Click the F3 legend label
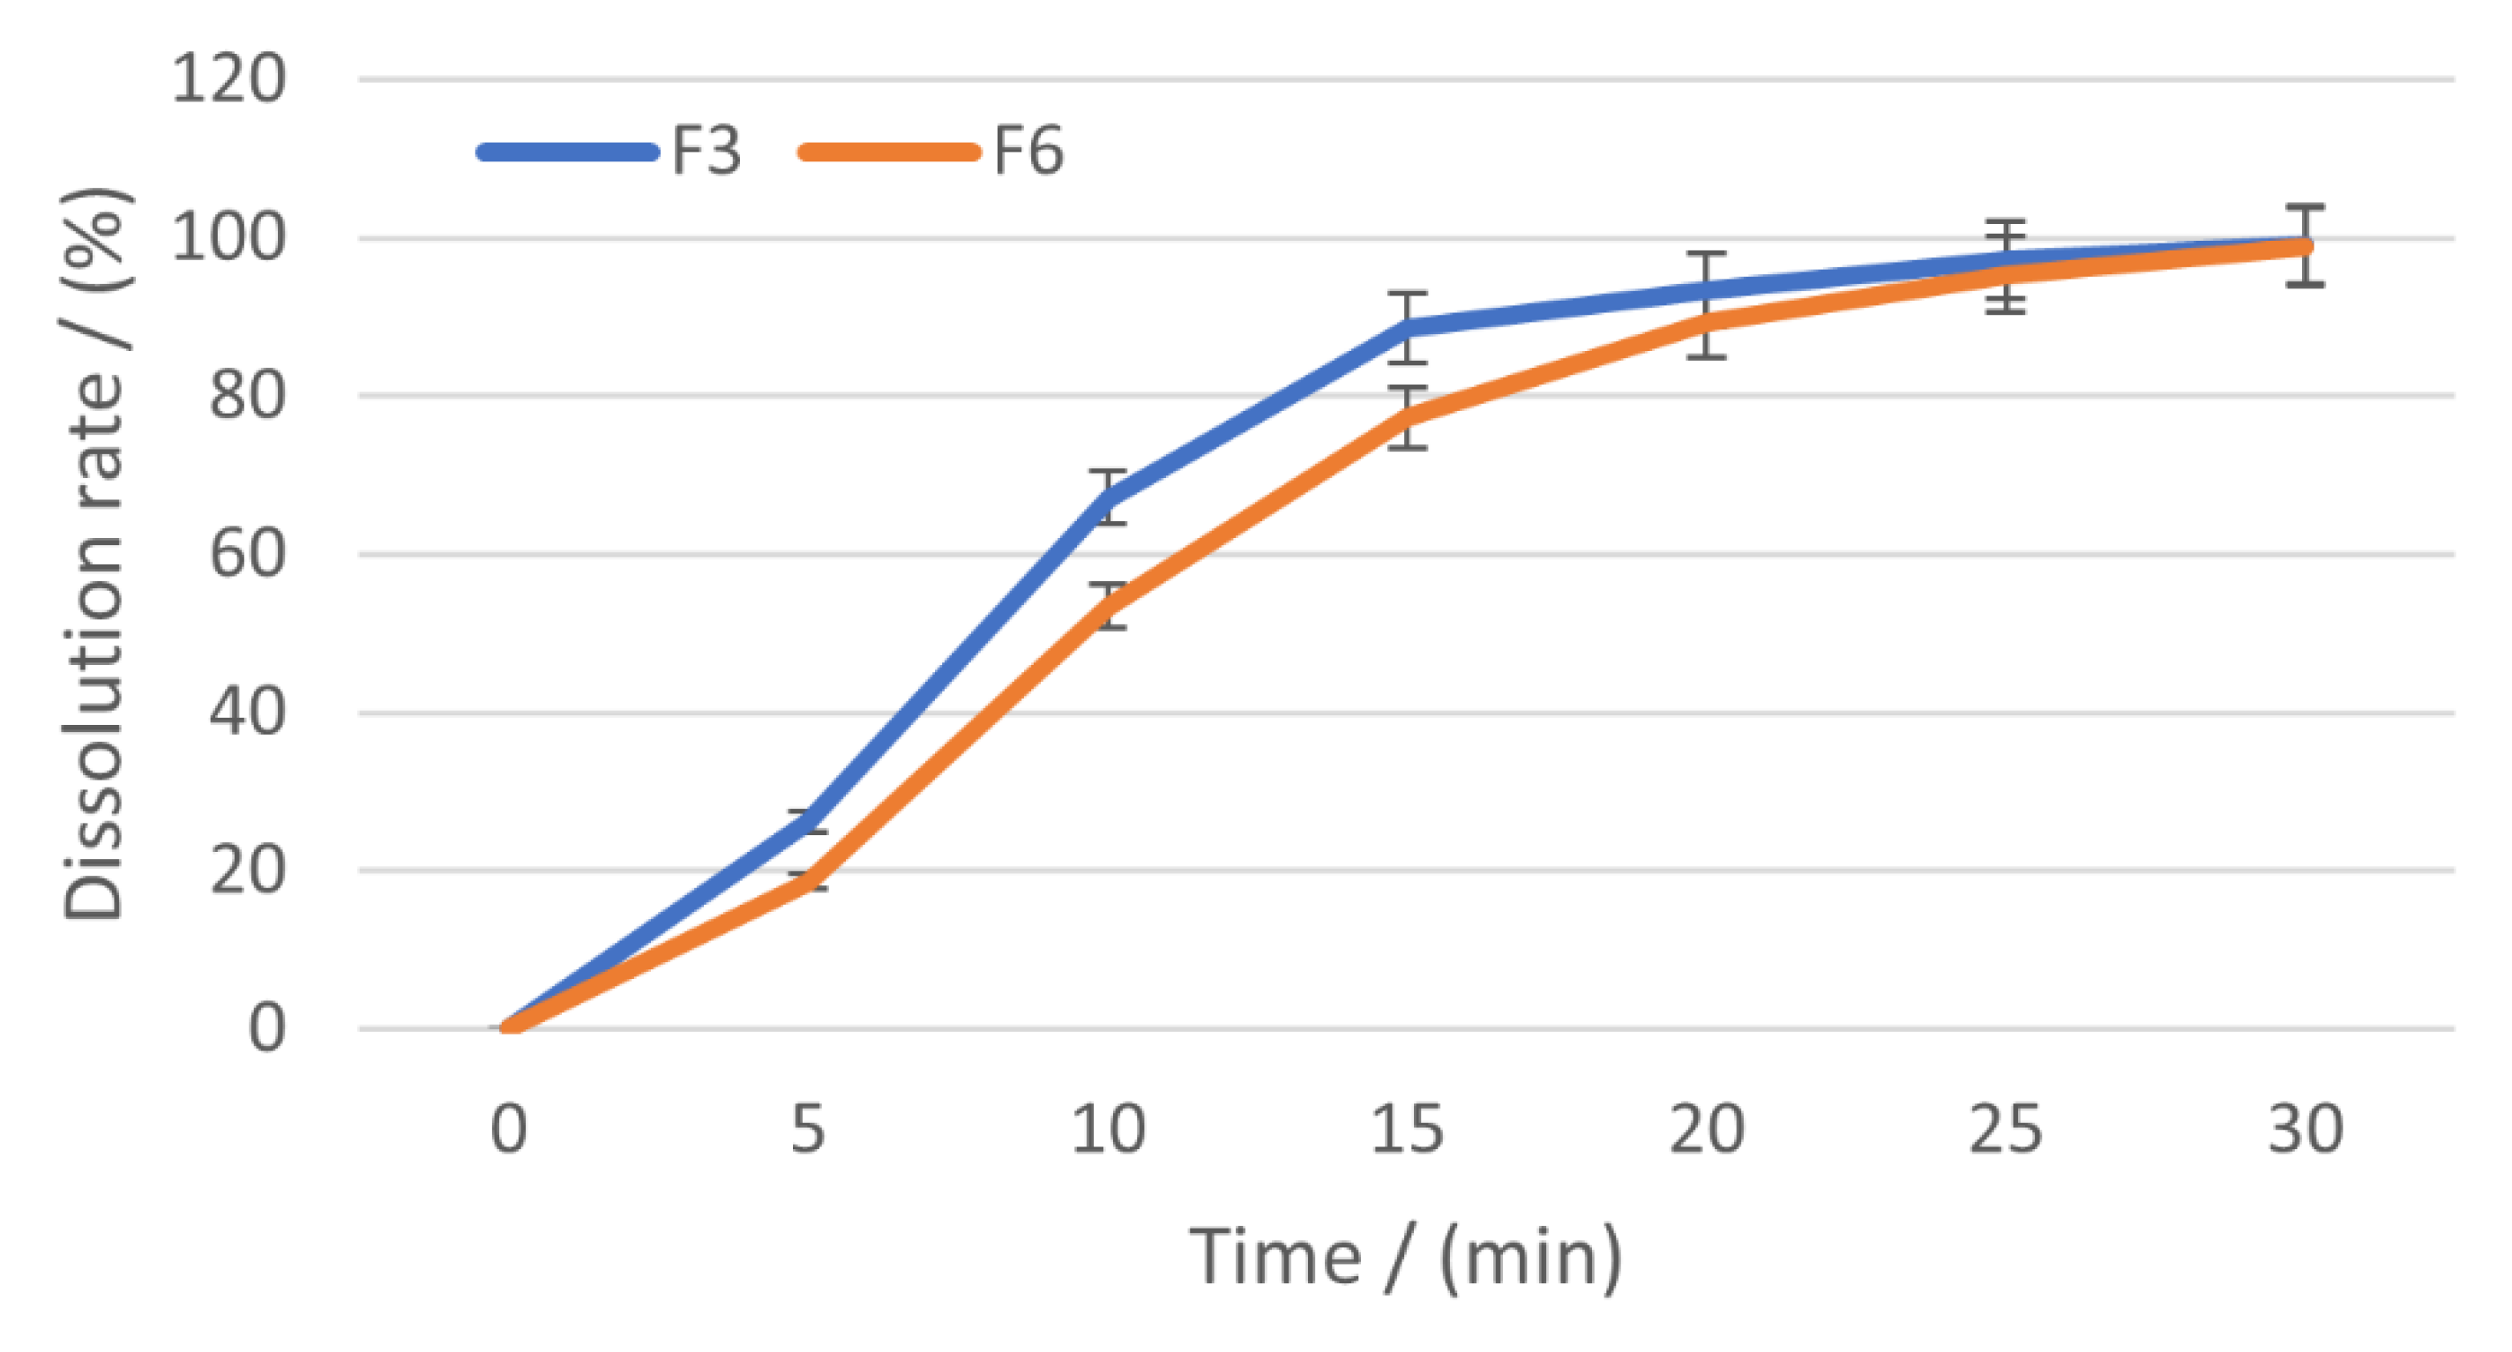[x=706, y=152]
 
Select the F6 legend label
[x=1028, y=152]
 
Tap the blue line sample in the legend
[x=567, y=152]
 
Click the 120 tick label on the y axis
[x=229, y=79]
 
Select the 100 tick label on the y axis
[x=229, y=237]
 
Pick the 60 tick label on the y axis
[x=248, y=555]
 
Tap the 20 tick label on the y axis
[x=248, y=870]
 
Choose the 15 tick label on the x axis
[x=1407, y=1130]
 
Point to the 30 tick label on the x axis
[x=2306, y=1130]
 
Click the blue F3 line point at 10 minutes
[x=1109, y=497]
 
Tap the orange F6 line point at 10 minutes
[x=1109, y=604]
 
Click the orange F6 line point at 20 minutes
[x=1707, y=322]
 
